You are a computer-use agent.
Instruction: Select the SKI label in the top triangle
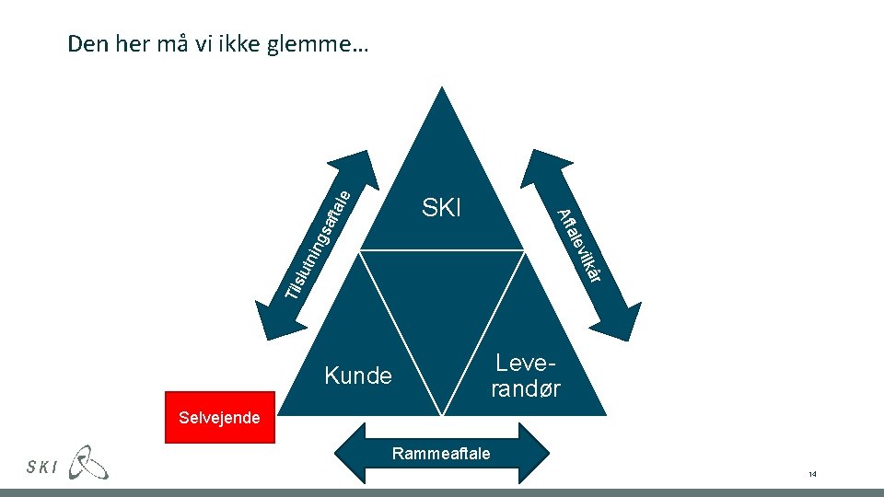441,208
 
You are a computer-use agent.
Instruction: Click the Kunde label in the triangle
358,376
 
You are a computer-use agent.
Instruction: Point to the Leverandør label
526,376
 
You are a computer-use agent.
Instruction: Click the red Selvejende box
219,419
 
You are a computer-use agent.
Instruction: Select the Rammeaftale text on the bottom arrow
441,453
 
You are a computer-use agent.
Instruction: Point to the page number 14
812,474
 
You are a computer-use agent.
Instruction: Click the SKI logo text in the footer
43,467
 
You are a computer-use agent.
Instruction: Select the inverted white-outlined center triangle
442,304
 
